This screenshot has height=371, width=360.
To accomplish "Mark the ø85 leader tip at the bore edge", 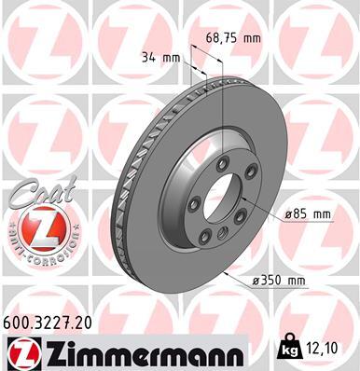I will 245,199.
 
